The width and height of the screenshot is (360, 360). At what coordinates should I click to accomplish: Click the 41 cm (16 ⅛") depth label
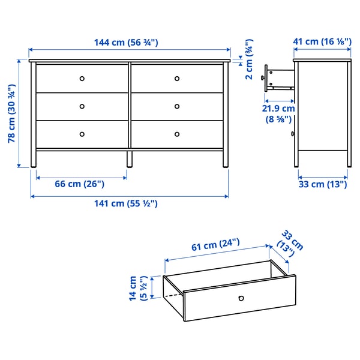pyautogui.click(x=322, y=42)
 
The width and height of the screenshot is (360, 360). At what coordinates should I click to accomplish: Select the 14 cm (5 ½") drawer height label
pyautogui.click(x=138, y=289)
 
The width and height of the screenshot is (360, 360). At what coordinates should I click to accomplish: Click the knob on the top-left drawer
pyautogui.click(x=82, y=78)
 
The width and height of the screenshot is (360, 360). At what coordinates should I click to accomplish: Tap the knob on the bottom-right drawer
pyautogui.click(x=177, y=134)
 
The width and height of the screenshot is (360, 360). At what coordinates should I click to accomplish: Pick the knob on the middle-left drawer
pyautogui.click(x=82, y=106)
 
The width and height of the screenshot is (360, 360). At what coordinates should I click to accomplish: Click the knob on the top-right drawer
pyautogui.click(x=177, y=78)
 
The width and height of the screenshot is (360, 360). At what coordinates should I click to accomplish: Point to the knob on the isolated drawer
pyautogui.click(x=241, y=298)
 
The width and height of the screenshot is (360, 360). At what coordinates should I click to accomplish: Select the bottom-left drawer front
pyautogui.click(x=82, y=134)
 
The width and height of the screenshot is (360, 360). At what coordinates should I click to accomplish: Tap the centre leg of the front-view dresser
pyautogui.click(x=129, y=158)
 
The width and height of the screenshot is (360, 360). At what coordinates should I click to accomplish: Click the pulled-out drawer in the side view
pyautogui.click(x=279, y=77)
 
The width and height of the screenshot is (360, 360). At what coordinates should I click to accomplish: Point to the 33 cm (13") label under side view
pyautogui.click(x=323, y=185)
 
